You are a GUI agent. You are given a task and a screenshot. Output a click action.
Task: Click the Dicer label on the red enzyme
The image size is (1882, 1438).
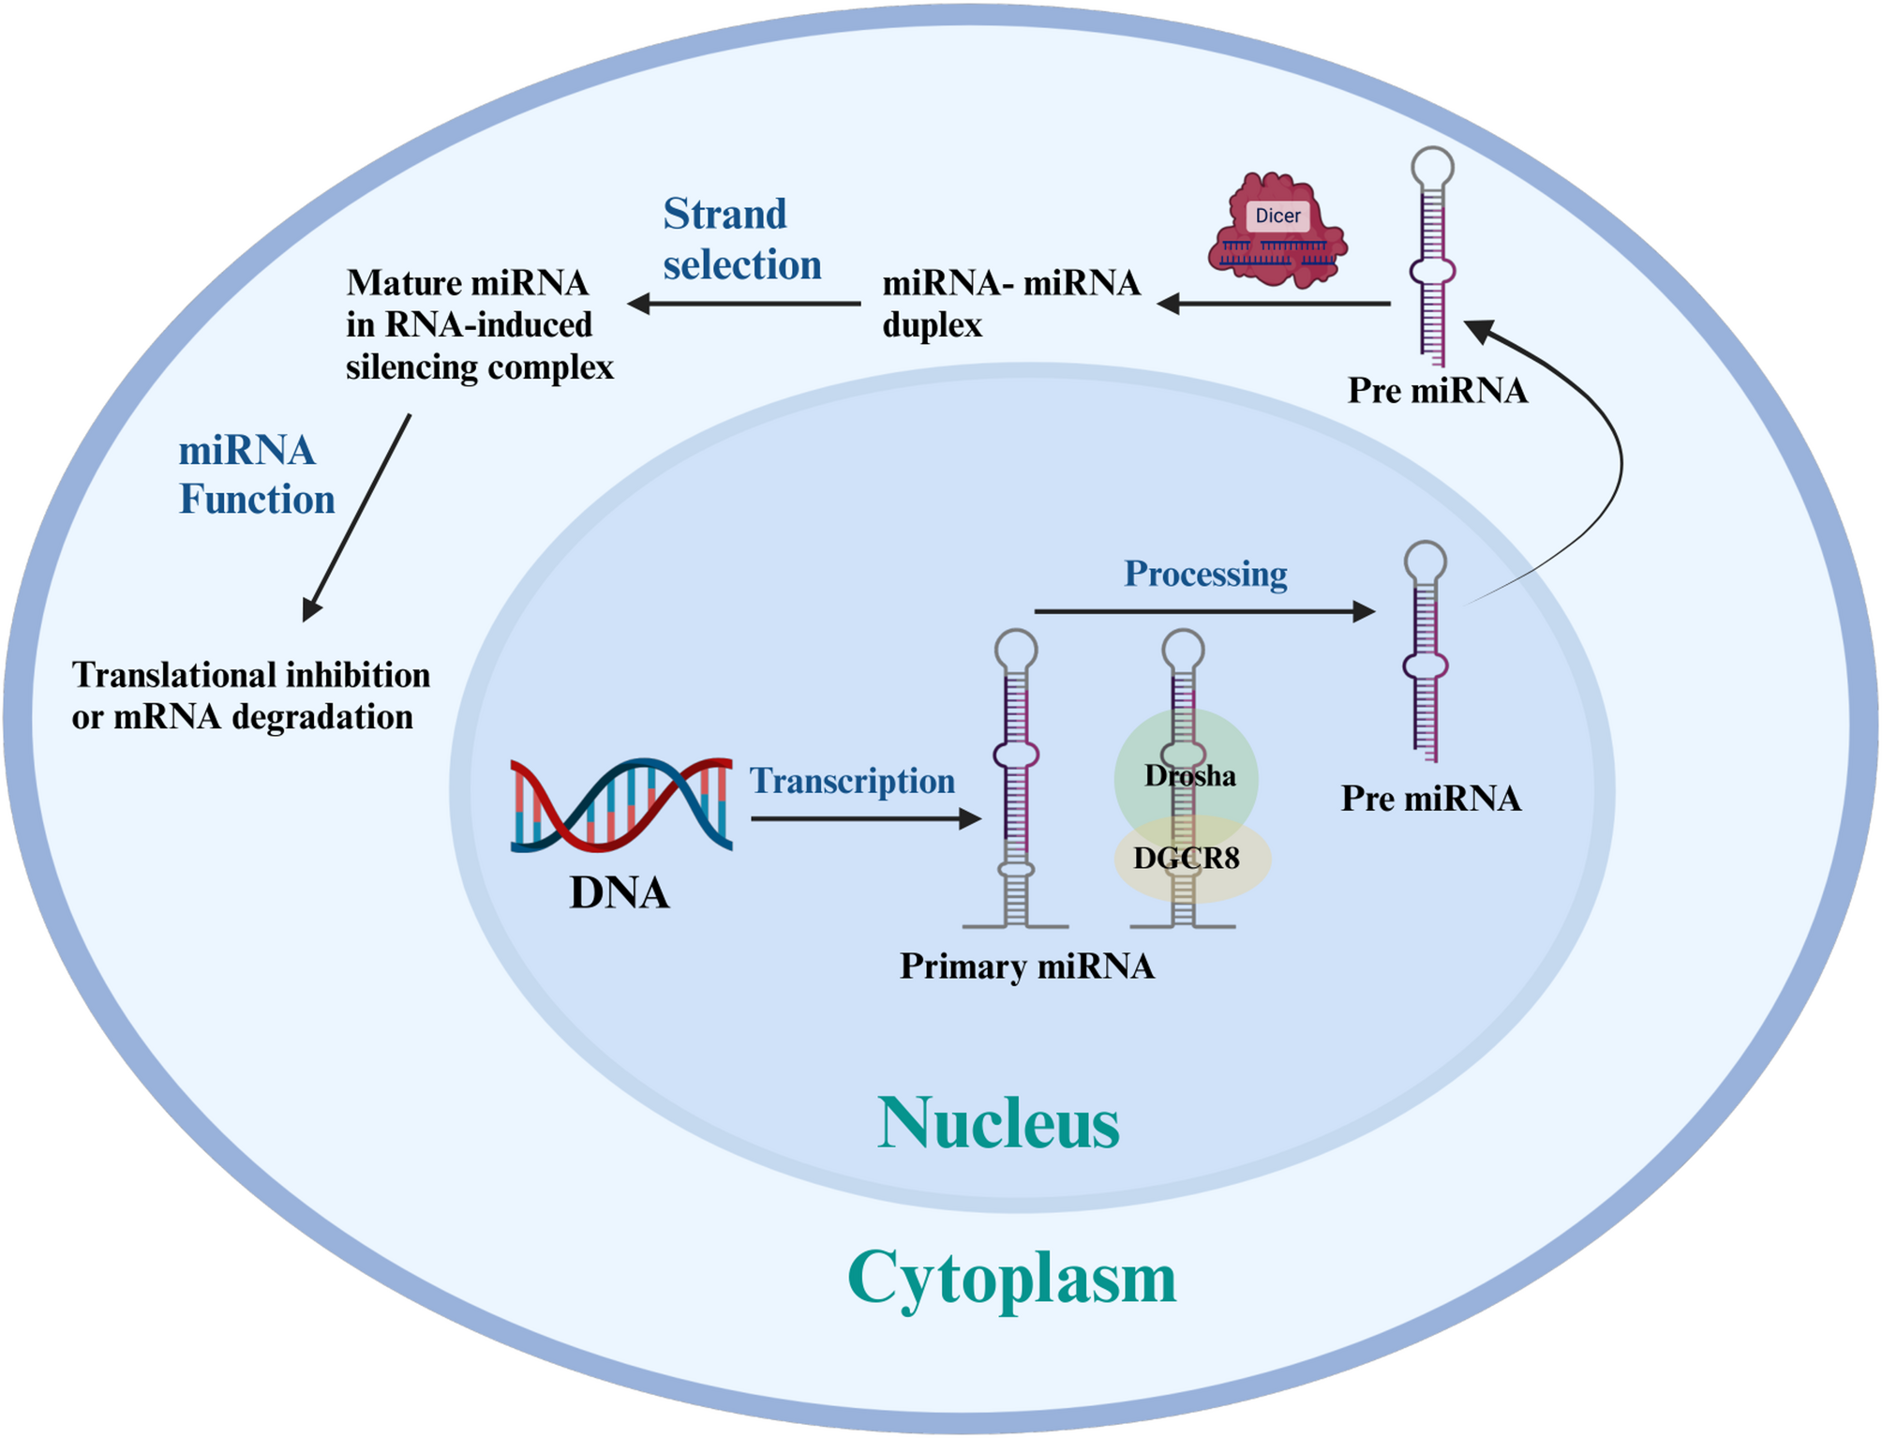click(x=1277, y=216)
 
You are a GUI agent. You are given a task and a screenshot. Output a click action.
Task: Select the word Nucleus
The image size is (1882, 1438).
click(x=998, y=1123)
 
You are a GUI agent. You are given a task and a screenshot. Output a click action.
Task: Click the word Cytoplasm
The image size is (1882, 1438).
click(x=1011, y=1278)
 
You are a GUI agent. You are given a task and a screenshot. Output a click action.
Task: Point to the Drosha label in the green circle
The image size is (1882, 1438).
click(x=1189, y=776)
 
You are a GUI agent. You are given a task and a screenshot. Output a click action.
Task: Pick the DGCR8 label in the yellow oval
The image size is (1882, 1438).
click(x=1186, y=858)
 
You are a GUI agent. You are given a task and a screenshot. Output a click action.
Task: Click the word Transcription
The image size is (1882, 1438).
click(x=852, y=781)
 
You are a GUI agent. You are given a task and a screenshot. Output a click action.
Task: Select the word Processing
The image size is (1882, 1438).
click(x=1205, y=574)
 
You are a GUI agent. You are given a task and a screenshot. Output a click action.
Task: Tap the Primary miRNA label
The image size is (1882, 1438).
click(x=1026, y=966)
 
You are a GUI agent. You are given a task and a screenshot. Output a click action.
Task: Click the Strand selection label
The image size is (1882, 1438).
click(x=741, y=240)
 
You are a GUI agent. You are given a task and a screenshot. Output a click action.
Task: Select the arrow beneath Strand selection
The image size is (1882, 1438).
click(x=744, y=304)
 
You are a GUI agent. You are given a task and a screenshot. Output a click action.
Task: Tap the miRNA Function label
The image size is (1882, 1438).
click(x=256, y=475)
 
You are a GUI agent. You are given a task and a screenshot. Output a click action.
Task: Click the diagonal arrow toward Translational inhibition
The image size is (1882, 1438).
click(x=357, y=517)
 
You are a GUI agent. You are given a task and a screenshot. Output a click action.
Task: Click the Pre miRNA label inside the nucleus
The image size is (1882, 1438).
click(x=1430, y=799)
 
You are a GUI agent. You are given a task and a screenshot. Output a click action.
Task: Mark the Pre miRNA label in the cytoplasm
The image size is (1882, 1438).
click(x=1437, y=391)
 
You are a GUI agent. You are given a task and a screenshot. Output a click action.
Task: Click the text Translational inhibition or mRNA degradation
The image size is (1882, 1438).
click(x=250, y=696)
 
